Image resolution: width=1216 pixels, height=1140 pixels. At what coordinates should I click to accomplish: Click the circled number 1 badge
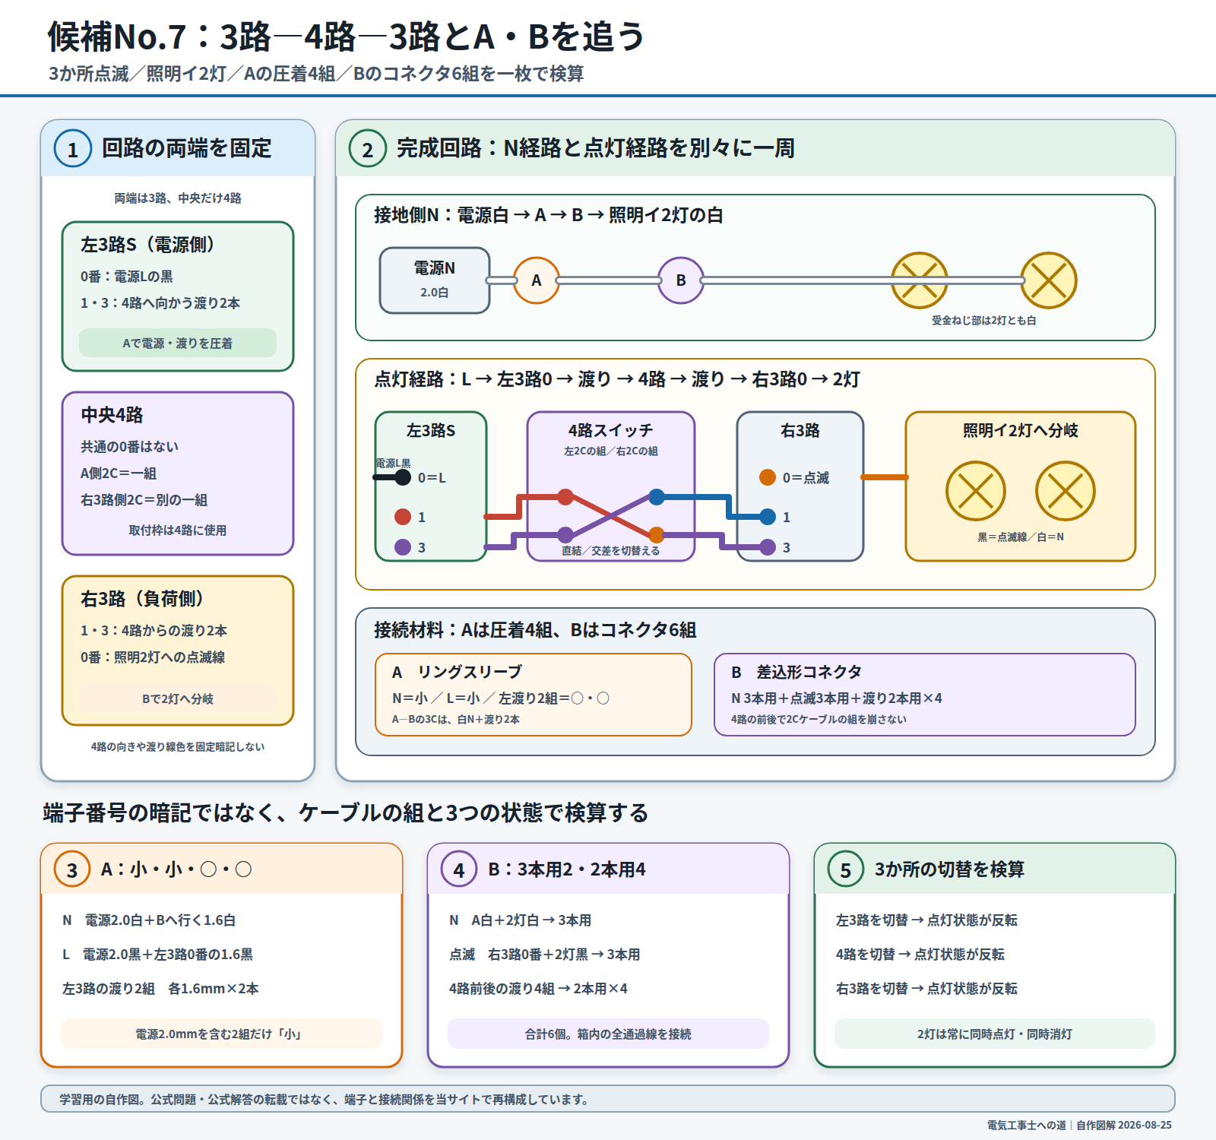[x=73, y=148]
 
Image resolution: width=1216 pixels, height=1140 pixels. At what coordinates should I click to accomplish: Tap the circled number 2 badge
[x=368, y=148]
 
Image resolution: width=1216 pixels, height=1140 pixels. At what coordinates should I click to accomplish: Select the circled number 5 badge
[x=845, y=869]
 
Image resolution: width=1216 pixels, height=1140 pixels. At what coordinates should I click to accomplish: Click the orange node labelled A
[x=537, y=280]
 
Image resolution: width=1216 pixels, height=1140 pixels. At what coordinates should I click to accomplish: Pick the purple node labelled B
[x=681, y=280]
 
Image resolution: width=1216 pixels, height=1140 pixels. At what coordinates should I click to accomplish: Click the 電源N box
[x=435, y=280]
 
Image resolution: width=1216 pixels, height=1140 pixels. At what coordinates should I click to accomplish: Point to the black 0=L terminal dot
[x=403, y=477]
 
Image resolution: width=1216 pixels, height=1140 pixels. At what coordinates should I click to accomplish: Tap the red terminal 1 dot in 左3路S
[x=403, y=517]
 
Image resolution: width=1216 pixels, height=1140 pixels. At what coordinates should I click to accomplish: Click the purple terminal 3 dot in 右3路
[x=768, y=547]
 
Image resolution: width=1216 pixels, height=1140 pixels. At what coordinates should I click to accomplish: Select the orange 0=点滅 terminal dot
[x=768, y=477]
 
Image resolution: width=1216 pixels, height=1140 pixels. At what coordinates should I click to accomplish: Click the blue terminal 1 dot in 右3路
[x=768, y=517]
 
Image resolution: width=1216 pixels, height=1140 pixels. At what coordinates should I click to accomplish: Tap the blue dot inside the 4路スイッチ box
[x=657, y=497]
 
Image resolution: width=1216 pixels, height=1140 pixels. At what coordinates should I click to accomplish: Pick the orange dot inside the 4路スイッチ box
[x=657, y=534]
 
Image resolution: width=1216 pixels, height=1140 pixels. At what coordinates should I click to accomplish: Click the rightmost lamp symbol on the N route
[x=1049, y=280]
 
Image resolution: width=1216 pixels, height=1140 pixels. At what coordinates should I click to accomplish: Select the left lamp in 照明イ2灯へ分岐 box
[x=976, y=491]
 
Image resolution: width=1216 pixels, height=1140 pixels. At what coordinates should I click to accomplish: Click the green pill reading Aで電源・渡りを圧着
[x=178, y=343]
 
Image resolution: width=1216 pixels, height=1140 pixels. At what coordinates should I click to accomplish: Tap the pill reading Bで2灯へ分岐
[x=178, y=698]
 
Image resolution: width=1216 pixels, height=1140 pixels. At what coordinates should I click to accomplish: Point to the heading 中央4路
[x=112, y=415]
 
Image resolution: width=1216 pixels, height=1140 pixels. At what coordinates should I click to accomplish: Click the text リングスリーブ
[x=470, y=672]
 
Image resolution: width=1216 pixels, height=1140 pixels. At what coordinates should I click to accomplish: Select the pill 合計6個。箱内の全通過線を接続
[x=608, y=1034]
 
